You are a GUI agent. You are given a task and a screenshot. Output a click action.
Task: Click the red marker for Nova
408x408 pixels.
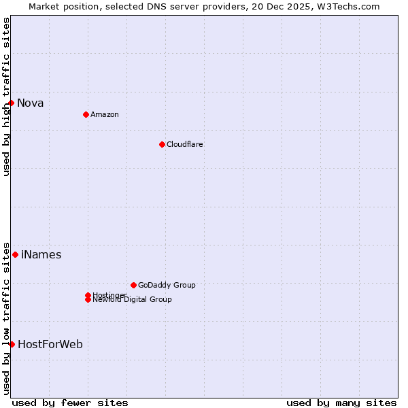pos(12,103)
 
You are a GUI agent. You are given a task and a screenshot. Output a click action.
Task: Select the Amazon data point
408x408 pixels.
pos(86,114)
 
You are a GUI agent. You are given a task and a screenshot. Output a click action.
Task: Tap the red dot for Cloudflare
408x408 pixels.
pos(162,144)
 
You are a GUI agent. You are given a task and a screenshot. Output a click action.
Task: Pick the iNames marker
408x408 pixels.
pos(15,254)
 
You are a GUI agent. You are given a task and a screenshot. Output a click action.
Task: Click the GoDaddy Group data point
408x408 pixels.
pos(133,285)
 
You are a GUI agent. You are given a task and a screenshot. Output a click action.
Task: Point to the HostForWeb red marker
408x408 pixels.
pos(12,344)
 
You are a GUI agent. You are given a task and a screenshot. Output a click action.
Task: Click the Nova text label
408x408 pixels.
pos(31,103)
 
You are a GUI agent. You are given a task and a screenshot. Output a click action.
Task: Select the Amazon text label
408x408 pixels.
pos(105,114)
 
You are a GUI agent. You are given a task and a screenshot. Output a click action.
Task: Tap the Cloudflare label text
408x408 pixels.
pos(185,144)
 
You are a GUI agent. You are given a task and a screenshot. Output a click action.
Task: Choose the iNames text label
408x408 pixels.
pos(41,255)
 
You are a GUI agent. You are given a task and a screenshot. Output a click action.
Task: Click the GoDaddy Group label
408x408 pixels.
pos(167,285)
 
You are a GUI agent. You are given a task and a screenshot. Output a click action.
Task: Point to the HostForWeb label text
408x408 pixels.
pos(50,345)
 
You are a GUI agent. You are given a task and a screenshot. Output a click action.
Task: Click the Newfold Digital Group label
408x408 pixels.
pos(133,300)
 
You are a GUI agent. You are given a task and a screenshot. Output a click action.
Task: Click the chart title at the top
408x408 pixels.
pos(204,7)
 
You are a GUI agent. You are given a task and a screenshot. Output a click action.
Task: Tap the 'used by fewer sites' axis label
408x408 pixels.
pos(70,403)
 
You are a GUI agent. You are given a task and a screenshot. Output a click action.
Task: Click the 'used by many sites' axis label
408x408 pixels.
pos(341,403)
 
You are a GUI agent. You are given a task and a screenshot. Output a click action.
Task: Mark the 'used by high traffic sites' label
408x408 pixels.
pos(7,97)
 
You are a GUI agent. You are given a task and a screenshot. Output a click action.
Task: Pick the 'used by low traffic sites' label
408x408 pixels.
pos(7,318)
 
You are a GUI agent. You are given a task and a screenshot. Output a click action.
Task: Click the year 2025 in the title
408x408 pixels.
pos(300,7)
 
